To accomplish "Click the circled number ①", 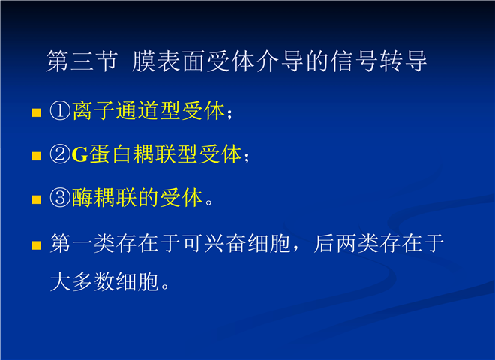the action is (60, 111).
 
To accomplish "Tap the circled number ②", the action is (60, 154).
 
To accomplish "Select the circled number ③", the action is (60, 198).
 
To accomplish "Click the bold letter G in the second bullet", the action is (79, 154).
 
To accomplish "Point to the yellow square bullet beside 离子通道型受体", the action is (36, 112).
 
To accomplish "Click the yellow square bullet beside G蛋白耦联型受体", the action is (36, 156).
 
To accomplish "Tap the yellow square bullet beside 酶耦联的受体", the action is (36, 199).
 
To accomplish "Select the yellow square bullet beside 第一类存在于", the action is (36, 245).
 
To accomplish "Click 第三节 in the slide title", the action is (82, 61).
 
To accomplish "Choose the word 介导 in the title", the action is (279, 61).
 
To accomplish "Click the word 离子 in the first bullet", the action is (94, 111).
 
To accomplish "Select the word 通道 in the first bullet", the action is (137, 111).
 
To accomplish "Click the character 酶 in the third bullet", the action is (82, 198).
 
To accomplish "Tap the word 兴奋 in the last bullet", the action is (226, 244).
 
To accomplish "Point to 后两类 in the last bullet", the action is (346, 244).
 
